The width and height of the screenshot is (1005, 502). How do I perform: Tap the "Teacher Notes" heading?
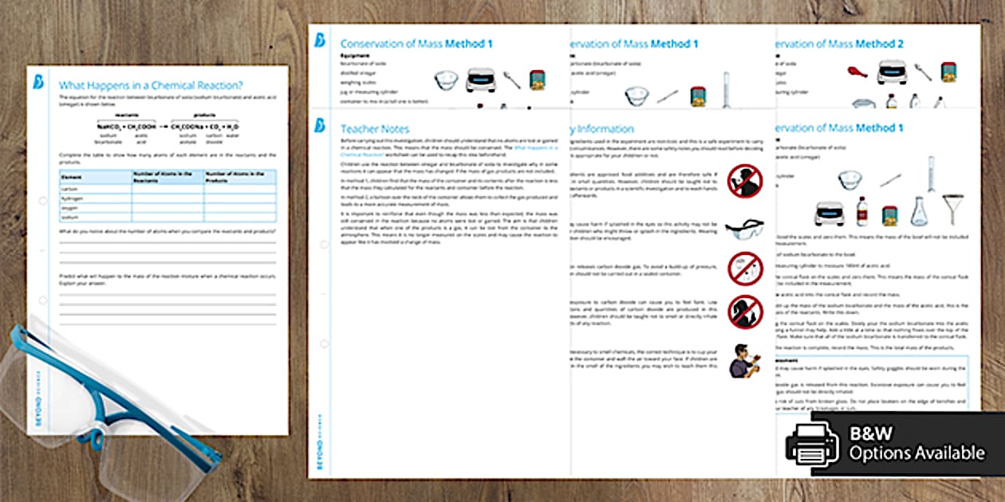375,128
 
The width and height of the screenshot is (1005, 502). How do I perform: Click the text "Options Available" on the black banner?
916,453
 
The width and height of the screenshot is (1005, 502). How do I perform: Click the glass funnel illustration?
952,208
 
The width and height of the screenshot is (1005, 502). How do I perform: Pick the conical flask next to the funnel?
920,210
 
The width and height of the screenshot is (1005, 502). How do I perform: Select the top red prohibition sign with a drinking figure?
745,181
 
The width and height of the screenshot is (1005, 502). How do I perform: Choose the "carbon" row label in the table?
72,189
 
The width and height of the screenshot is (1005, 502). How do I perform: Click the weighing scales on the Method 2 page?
893,73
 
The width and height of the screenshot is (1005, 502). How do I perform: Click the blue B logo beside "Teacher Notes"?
321,126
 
